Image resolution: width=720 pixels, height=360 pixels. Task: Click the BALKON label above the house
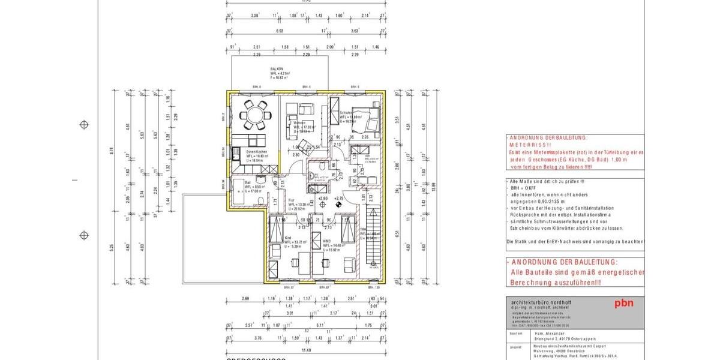[x=277, y=69]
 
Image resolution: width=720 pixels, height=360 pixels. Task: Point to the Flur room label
[x=291, y=200]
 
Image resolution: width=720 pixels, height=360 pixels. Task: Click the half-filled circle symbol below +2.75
[x=339, y=205]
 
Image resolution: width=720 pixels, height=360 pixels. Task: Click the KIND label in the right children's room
[x=326, y=241]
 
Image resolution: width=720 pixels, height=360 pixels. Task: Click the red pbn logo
[x=623, y=303]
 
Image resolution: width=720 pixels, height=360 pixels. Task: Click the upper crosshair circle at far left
[x=85, y=125]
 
